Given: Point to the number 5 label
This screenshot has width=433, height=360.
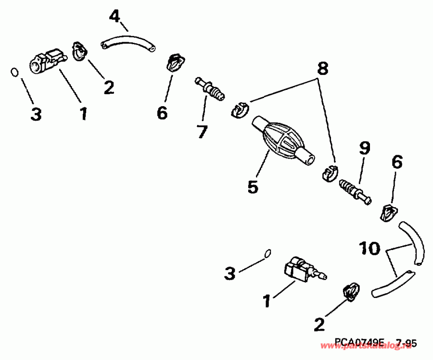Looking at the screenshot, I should pyautogui.click(x=253, y=186).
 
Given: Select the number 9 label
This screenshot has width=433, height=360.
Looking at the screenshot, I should pyautogui.click(x=363, y=149).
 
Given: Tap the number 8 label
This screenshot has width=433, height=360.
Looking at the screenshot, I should pyautogui.click(x=322, y=69).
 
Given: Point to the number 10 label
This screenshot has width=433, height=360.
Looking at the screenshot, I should pyautogui.click(x=369, y=249).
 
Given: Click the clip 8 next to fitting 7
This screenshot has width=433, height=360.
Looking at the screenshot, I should pyautogui.click(x=239, y=110).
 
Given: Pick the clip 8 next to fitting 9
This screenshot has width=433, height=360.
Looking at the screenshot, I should pyautogui.click(x=329, y=173).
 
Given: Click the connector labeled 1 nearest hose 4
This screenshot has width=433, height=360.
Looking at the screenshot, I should pyautogui.click(x=48, y=61).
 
